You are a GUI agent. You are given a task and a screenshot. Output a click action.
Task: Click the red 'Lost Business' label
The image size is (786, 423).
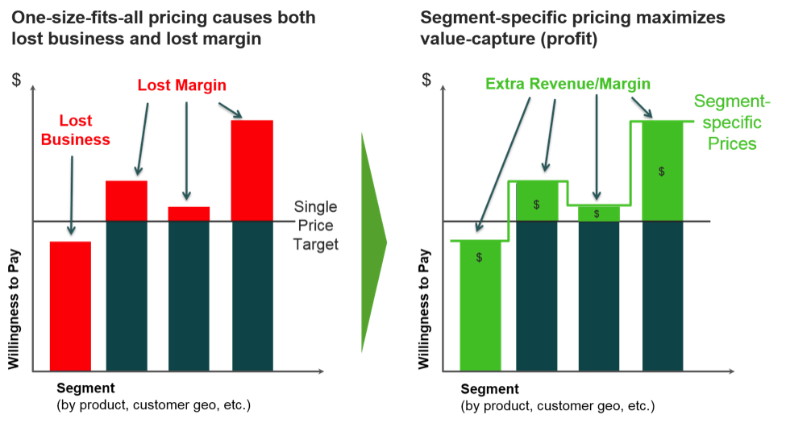coord(75,130)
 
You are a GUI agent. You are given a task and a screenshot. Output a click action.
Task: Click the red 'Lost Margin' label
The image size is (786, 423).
coord(181,85)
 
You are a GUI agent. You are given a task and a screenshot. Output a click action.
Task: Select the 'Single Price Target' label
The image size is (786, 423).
coord(315,226)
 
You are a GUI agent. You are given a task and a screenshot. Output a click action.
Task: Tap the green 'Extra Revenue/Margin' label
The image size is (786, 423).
coord(568,84)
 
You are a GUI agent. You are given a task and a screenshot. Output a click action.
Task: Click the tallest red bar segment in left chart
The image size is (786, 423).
coord(252,169)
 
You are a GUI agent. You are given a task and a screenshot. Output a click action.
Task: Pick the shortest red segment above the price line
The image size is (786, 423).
coord(189,213)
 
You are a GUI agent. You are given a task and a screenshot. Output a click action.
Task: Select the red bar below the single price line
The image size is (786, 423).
coord(70,305)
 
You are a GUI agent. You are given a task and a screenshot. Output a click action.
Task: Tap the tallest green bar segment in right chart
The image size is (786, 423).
coord(663,171)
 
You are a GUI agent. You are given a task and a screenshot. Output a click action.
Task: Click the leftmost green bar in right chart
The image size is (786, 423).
coord(480,305)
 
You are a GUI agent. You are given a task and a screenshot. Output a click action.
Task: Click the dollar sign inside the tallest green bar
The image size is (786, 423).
coord(662,172)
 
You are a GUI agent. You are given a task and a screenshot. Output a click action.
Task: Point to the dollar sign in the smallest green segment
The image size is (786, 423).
coord(597,214)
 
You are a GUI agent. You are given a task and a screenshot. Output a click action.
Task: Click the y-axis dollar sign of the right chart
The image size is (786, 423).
coord(426,80)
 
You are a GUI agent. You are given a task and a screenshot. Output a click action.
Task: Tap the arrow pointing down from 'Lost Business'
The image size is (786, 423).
coord(72,193)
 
